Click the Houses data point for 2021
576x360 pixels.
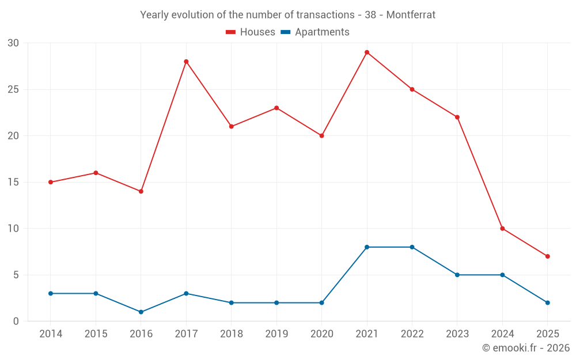(x=367, y=52)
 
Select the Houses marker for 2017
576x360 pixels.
(x=186, y=62)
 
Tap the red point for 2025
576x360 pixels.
(x=547, y=256)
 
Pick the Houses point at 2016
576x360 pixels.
(x=141, y=191)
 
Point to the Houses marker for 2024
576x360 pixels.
(x=502, y=229)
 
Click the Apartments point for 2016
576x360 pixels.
(x=141, y=312)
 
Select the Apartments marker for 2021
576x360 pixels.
(x=367, y=247)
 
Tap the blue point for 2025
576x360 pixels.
(x=547, y=302)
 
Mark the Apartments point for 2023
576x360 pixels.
(x=457, y=275)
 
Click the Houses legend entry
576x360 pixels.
(x=251, y=32)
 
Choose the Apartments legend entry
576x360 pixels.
(x=315, y=32)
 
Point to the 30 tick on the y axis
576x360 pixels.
(x=13, y=43)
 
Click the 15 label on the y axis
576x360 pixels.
(x=13, y=182)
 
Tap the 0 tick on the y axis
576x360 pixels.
(x=16, y=321)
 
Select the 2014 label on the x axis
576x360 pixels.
(x=51, y=334)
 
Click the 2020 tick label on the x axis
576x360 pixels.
(x=322, y=334)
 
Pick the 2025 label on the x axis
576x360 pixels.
(x=547, y=334)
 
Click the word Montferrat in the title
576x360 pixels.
(x=411, y=15)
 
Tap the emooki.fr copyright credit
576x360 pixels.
(x=525, y=348)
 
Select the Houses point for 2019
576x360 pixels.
(x=276, y=108)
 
